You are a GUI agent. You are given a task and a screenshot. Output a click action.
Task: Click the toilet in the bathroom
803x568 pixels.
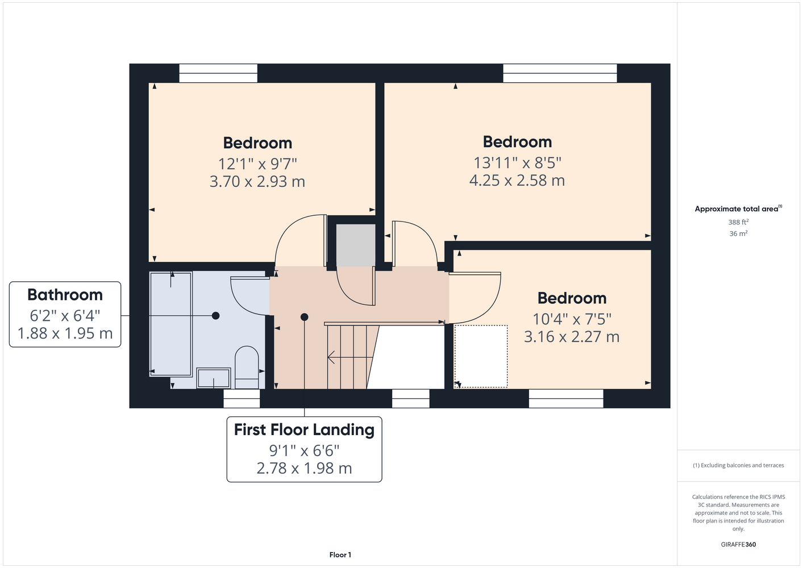pyautogui.click(x=247, y=367)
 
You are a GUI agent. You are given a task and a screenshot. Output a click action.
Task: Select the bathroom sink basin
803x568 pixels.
pyautogui.click(x=214, y=378)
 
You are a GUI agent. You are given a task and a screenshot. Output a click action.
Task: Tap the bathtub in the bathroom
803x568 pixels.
pyautogui.click(x=171, y=324)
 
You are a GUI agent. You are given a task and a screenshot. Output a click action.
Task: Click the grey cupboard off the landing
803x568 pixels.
pyautogui.click(x=356, y=245)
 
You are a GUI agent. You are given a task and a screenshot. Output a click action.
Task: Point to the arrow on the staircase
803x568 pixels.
pyautogui.click(x=350, y=357)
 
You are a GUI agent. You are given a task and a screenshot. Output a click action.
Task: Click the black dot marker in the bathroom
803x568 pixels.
pyautogui.click(x=215, y=316)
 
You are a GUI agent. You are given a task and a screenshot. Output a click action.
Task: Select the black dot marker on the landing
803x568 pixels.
pyautogui.click(x=305, y=317)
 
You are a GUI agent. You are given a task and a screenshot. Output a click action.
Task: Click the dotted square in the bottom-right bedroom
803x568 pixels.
pyautogui.click(x=481, y=356)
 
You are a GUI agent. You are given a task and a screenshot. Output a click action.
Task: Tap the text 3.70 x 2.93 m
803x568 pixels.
pyautogui.click(x=257, y=181)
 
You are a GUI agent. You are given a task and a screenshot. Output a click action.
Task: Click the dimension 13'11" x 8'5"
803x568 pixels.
pyautogui.click(x=517, y=162)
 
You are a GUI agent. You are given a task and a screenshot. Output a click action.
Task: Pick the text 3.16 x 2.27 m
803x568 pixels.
pyautogui.click(x=572, y=336)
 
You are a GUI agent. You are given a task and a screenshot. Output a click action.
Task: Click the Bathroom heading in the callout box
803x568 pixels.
pyautogui.click(x=65, y=295)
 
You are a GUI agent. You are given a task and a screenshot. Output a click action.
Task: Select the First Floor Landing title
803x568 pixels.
pyautogui.click(x=305, y=429)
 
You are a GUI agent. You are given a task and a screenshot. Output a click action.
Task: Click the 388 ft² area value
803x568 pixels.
pyautogui.click(x=738, y=222)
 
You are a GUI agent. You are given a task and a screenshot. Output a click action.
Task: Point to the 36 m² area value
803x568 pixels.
pyautogui.click(x=738, y=233)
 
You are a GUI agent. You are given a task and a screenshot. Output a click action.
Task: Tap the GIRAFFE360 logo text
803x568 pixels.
pyautogui.click(x=738, y=544)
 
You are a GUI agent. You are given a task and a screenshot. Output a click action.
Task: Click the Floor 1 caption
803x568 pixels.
pyautogui.click(x=340, y=555)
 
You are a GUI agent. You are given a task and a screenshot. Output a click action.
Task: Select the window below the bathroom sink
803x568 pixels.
pyautogui.click(x=242, y=399)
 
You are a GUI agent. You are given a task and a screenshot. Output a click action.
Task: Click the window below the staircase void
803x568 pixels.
pyautogui.click(x=411, y=399)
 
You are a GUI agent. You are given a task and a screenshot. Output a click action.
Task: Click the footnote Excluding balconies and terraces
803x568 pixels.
pyautogui.click(x=738, y=465)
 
